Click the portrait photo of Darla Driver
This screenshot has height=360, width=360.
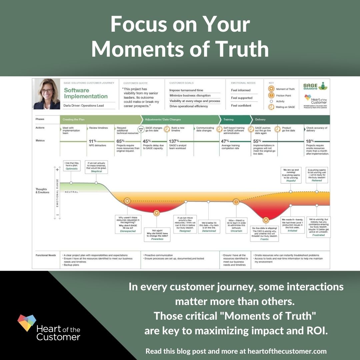(46, 94)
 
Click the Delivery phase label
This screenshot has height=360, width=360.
(260, 119)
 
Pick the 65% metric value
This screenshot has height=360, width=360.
(121, 141)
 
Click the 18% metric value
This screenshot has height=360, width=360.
(310, 141)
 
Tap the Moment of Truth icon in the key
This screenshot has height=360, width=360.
(271, 89)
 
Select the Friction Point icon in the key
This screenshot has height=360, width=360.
(271, 95)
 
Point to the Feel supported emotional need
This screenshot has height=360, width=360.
(242, 98)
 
